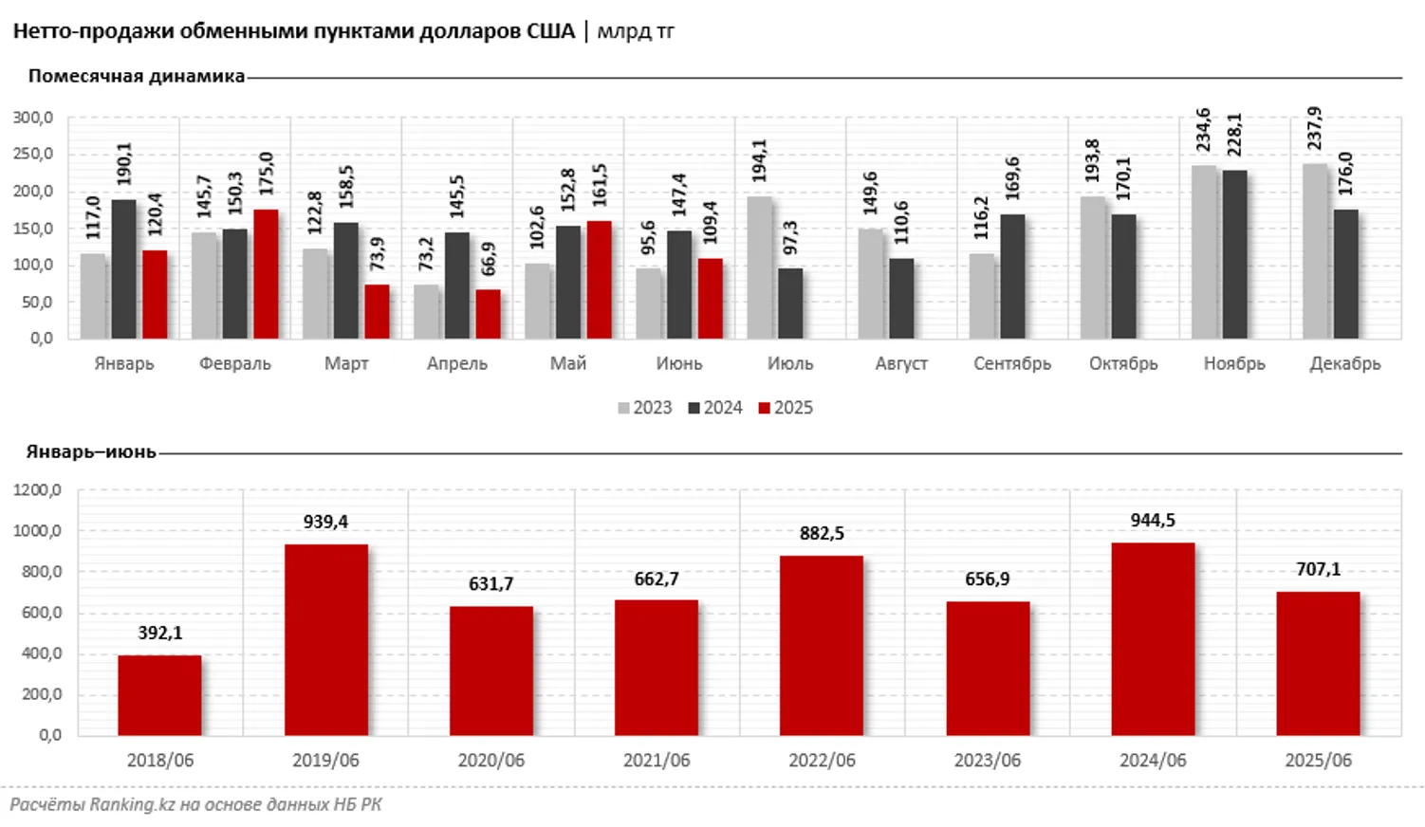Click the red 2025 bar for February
[x=266, y=273]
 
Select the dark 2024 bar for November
[x=1234, y=254]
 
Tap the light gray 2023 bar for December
[x=1314, y=250]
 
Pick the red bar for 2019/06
[x=325, y=639]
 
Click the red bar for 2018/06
[x=159, y=694]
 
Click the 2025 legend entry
[x=787, y=408]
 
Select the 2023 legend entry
[x=645, y=408]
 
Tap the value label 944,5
[x=1153, y=520]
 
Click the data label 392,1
[x=159, y=633]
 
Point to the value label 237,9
[x=1314, y=128]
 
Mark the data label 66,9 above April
[x=489, y=258]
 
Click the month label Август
[x=901, y=363]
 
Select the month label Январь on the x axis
[x=124, y=363]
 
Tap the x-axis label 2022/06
[x=822, y=761]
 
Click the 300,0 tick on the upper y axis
[x=33, y=118]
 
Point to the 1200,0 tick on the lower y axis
[x=37, y=490]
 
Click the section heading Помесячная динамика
[x=137, y=76]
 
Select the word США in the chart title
[x=550, y=31]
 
